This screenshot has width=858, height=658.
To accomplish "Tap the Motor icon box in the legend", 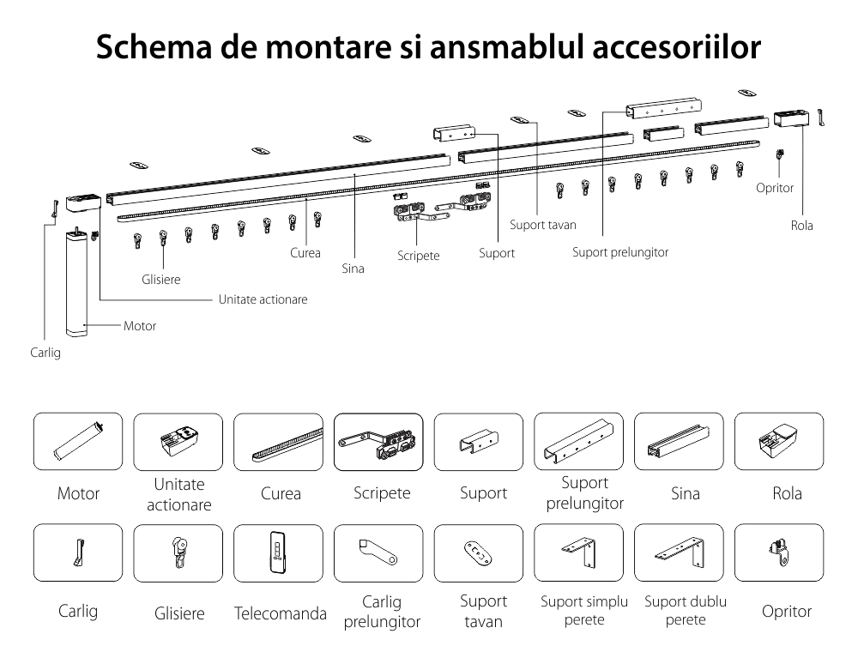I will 78,442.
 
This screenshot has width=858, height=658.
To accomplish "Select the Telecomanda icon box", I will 278,553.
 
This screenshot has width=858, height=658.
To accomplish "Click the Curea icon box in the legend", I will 278,442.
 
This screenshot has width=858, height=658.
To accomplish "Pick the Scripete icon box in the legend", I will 378,442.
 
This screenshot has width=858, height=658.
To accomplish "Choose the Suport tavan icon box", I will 478,553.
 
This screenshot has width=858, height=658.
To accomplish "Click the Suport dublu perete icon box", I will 679,553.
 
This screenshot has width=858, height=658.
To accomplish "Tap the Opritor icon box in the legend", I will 779,553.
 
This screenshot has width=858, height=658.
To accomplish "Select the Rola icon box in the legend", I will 779,442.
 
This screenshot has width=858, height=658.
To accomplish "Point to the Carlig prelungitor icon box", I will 378,553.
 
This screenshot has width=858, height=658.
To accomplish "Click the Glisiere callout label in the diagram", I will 161,279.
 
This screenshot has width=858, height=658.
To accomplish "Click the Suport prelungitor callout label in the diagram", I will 620,252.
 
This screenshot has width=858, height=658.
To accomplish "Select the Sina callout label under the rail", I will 353,269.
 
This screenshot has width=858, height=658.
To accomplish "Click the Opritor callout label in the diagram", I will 775,187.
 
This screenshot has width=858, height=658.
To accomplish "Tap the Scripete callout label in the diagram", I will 419,256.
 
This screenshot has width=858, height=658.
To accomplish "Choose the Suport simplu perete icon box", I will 578,553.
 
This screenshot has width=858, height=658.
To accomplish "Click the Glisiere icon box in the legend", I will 178,553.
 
